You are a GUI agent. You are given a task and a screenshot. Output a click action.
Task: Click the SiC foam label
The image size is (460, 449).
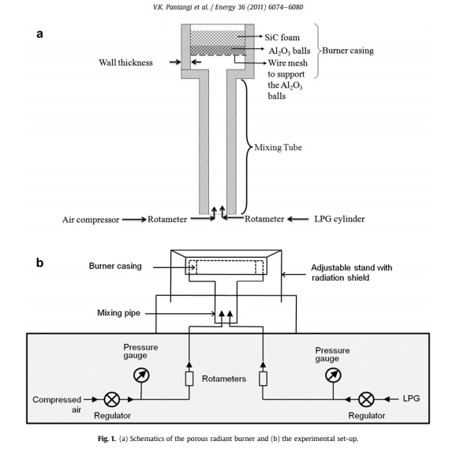pyautogui.click(x=282, y=38)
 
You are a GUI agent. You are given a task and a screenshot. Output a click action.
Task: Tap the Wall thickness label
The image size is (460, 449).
pyautogui.click(x=125, y=62)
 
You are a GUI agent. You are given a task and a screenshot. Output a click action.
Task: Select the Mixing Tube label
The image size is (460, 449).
pyautogui.click(x=278, y=147)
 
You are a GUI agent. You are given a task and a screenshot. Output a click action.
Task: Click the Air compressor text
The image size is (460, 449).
pyautogui.click(x=91, y=220)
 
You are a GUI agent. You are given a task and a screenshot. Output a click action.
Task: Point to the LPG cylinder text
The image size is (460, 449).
pyautogui.click(x=339, y=219)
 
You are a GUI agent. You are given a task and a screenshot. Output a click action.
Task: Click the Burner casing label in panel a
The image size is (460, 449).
pyautogui.click(x=348, y=51)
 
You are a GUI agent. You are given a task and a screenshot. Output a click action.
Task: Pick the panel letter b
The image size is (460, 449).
pyautogui.click(x=39, y=262)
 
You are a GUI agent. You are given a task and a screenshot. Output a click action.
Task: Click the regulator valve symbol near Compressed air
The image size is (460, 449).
pyautogui.click(x=112, y=400)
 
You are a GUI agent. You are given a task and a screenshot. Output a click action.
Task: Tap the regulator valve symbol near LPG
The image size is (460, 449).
pyautogui.click(x=366, y=399)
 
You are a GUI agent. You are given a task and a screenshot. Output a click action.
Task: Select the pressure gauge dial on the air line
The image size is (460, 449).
pyautogui.click(x=141, y=375)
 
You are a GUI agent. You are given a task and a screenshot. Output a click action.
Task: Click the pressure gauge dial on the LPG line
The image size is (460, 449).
pyautogui.click(x=333, y=375)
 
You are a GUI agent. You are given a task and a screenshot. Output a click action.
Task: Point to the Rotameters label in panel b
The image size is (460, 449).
pyautogui.click(x=224, y=379)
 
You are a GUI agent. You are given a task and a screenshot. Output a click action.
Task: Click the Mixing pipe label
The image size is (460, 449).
pyautogui.click(x=119, y=313)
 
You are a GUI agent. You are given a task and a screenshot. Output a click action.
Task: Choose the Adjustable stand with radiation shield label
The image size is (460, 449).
pyautogui.click(x=351, y=273)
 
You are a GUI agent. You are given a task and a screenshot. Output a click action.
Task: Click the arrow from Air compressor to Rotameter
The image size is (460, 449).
pyautogui.click(x=134, y=220)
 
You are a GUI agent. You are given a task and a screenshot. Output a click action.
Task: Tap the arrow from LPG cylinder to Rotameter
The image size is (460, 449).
pyautogui.click(x=298, y=219)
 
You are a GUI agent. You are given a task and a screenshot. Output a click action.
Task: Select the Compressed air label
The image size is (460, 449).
pyautogui.click(x=57, y=405)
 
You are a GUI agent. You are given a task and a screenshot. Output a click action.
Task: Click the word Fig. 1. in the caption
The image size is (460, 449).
pyautogui.click(x=107, y=439)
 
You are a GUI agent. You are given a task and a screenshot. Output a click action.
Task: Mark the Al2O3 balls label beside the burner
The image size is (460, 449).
pyautogui.click(x=290, y=51)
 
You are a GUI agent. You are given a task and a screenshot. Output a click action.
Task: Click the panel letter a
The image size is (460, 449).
pyautogui.click(x=39, y=34)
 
